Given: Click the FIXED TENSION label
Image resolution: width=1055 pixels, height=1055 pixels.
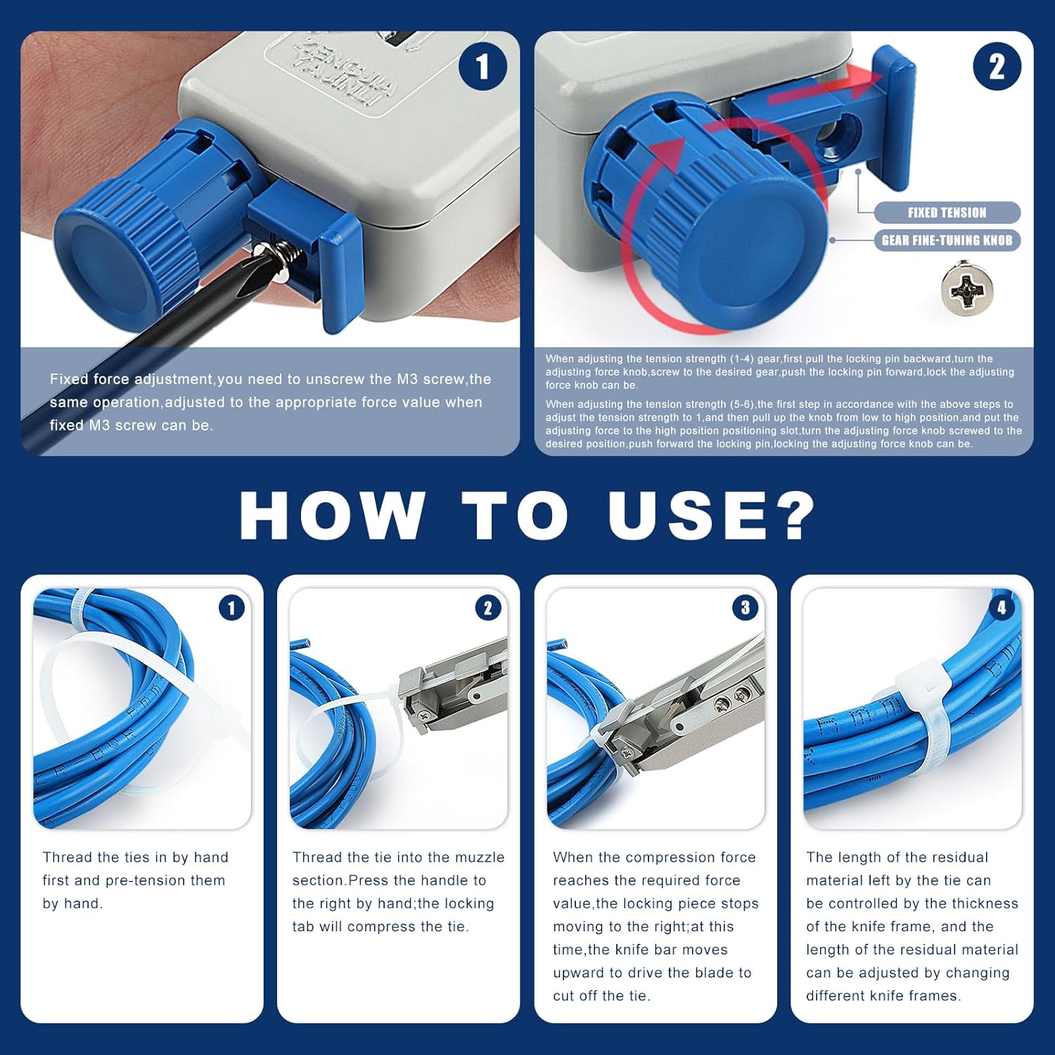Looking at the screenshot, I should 947,212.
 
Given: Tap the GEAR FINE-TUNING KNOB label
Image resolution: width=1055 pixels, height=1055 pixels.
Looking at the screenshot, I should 947,241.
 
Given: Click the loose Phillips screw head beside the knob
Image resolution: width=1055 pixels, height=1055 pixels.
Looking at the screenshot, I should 967,289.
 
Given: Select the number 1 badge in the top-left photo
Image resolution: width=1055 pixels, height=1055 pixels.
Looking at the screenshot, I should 482,67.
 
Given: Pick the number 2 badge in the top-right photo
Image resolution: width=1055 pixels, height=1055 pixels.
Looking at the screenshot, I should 997,67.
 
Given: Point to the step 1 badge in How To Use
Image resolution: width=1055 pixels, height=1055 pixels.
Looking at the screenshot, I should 231,608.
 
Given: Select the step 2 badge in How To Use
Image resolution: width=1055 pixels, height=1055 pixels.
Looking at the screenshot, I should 488,608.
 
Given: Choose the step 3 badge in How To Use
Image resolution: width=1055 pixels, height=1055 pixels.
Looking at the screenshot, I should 745,608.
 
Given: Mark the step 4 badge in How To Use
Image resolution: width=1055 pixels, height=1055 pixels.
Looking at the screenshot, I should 1002,608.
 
